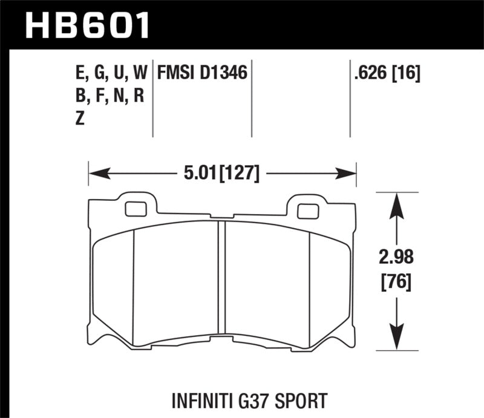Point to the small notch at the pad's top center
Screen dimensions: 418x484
[222, 217]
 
